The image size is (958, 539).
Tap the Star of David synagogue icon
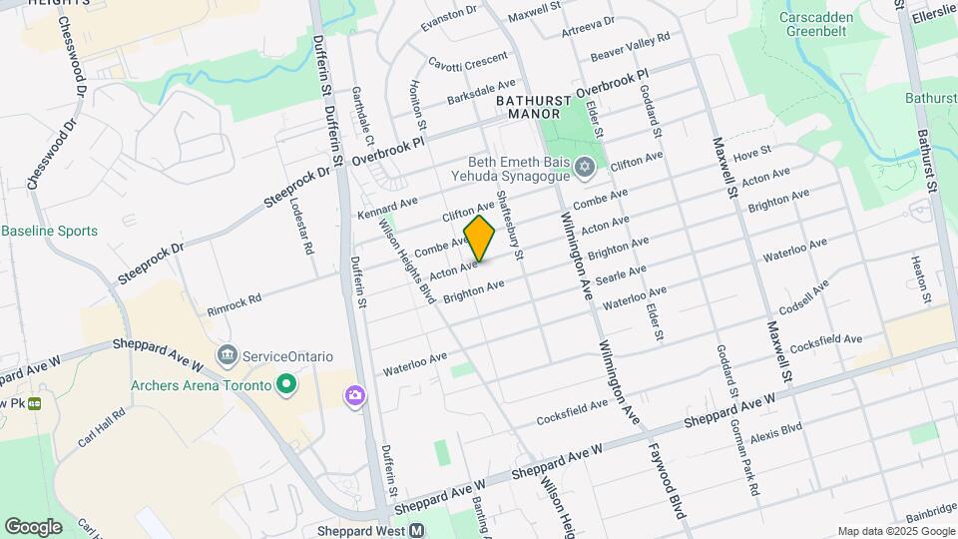pyautogui.click(x=584, y=166)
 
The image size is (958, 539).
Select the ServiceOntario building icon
pyautogui.click(x=229, y=355)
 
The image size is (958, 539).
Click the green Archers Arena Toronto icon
pyautogui.click(x=287, y=384)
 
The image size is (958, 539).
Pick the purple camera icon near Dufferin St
pyautogui.click(x=354, y=397)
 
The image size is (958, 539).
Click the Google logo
pyautogui.click(x=33, y=527)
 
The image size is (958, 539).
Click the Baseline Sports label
pyautogui.click(x=50, y=231)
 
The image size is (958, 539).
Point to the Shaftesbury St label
pyautogui.click(x=509, y=225)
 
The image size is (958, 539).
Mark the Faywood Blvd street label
pyautogui.click(x=666, y=481)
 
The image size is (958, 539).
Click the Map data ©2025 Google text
pyautogui.click(x=895, y=531)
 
